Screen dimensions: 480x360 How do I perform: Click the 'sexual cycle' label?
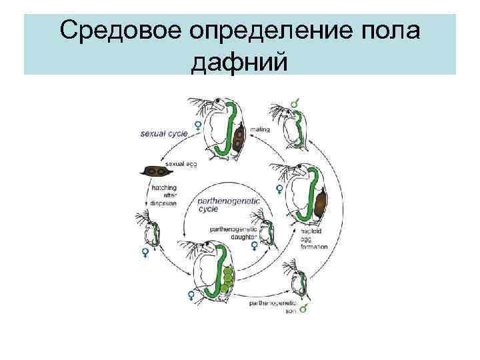click(164, 133)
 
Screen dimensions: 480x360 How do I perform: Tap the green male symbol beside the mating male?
click(294, 103)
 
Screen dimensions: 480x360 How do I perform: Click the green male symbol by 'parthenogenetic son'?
click(303, 309)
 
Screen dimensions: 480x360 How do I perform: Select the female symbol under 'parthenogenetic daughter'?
click(254, 246)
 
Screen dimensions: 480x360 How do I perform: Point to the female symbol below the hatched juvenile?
click(145, 252)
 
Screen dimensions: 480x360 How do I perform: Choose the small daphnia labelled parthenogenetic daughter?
click(264, 229)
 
